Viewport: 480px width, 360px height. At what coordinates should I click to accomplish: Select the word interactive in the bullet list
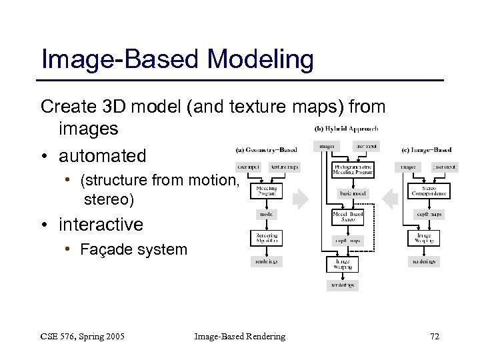click(x=101, y=225)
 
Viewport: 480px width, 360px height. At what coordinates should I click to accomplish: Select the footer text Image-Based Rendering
click(x=239, y=337)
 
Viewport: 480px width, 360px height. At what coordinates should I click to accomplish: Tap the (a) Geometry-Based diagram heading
click(x=266, y=149)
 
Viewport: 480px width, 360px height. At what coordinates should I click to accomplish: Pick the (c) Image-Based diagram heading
click(x=427, y=149)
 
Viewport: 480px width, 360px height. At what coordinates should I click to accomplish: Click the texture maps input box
click(x=285, y=166)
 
